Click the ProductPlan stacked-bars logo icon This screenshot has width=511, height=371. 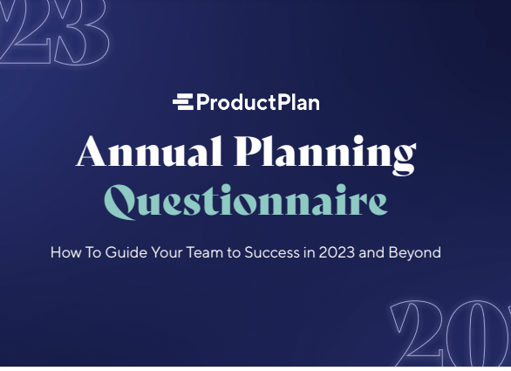pyautogui.click(x=182, y=102)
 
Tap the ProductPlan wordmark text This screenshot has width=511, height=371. pyautogui.click(x=257, y=103)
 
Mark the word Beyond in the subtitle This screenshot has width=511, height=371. pyautogui.click(x=418, y=253)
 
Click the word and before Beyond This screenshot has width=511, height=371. pyautogui.click(x=381, y=253)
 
